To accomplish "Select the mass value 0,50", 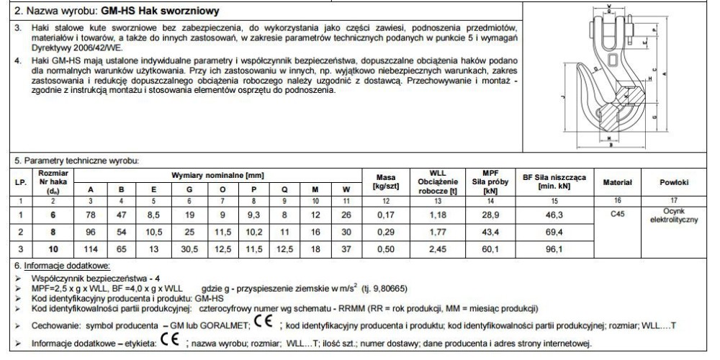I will coord(387,250).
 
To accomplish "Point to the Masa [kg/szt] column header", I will coord(387,181).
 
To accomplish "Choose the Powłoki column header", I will coord(674,182).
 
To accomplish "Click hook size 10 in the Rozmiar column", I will coord(53,250).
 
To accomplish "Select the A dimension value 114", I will coord(91,250).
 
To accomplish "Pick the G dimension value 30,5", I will coord(189,250).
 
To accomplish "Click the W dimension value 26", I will coord(346,214).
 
